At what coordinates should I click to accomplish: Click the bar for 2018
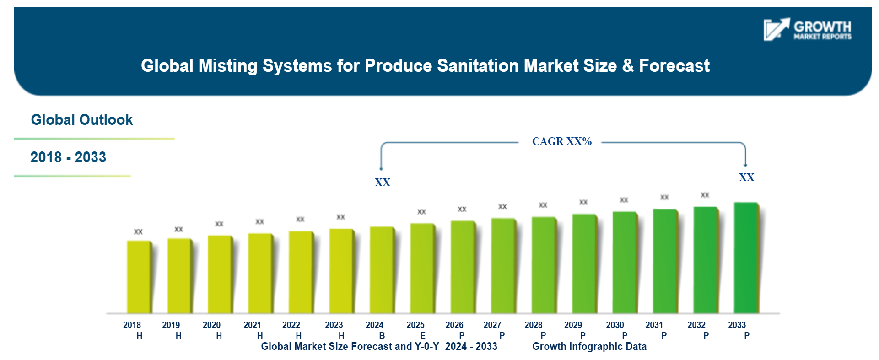pyautogui.click(x=139, y=277)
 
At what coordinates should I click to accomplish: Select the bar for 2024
pyautogui.click(x=382, y=270)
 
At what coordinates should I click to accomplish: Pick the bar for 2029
pyautogui.click(x=584, y=263)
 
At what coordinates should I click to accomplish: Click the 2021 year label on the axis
pyautogui.click(x=252, y=325)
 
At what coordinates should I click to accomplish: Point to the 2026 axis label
pyautogui.click(x=454, y=325)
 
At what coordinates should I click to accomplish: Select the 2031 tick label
pyautogui.click(x=654, y=325)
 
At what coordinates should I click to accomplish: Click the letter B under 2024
pyautogui.click(x=382, y=335)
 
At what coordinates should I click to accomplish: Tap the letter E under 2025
pyautogui.click(x=423, y=335)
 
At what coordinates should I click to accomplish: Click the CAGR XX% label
pyautogui.click(x=561, y=141)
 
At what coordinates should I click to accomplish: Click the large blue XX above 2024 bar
pyautogui.click(x=383, y=183)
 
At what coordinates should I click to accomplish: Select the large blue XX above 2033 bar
pyautogui.click(x=746, y=177)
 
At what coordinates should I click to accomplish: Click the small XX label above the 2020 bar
pyautogui.click(x=219, y=224)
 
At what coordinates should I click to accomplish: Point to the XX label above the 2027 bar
pyautogui.click(x=502, y=207)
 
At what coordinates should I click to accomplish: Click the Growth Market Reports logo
pyautogui.click(x=807, y=30)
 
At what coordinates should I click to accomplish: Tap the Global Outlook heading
pyautogui.click(x=82, y=120)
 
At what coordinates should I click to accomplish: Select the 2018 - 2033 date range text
pyautogui.click(x=68, y=157)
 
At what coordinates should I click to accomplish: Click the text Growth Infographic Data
pyautogui.click(x=589, y=346)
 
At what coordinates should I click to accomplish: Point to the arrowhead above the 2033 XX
pyautogui.click(x=745, y=164)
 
